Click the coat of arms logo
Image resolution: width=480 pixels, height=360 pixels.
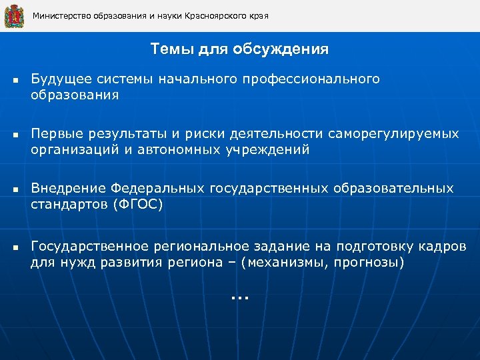14,16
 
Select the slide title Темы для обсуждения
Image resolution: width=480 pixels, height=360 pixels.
239,49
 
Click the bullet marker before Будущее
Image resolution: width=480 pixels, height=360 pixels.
14,81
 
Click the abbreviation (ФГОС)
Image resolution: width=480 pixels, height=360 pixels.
137,205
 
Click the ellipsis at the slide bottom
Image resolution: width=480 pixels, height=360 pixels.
239,297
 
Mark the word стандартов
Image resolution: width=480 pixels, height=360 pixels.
65,205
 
